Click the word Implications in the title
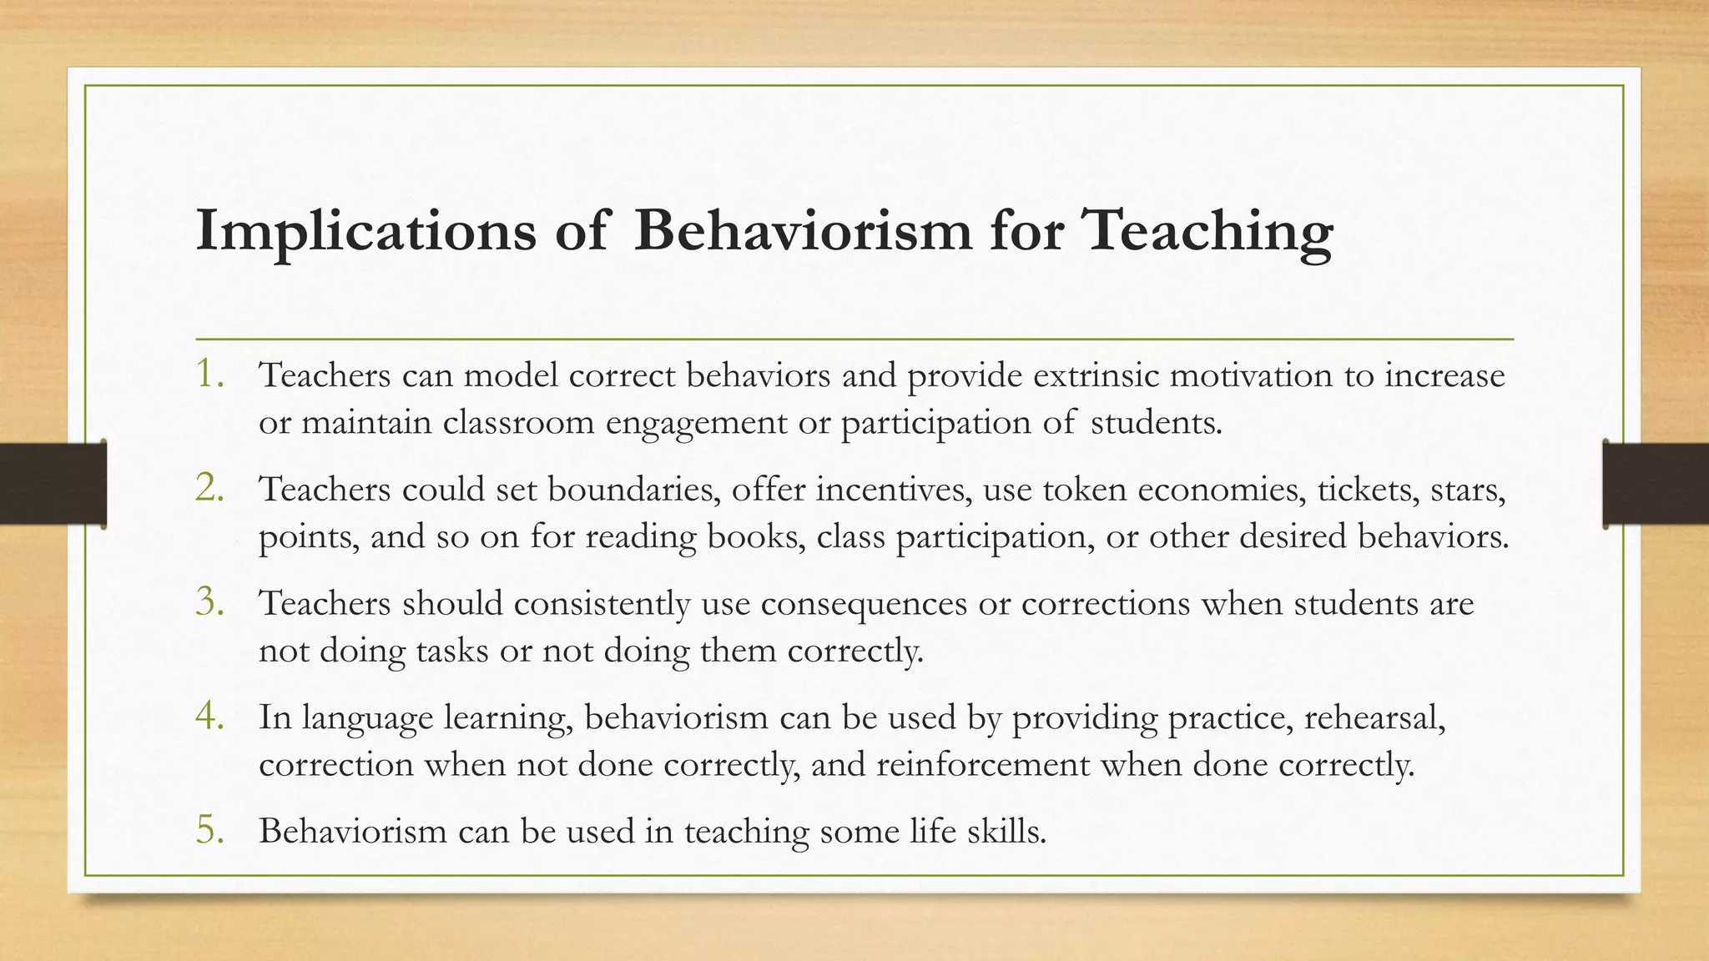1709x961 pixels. pos(365,231)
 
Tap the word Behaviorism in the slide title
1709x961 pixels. pos(803,229)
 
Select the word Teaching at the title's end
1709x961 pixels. pos(1207,231)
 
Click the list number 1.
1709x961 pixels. pos(209,375)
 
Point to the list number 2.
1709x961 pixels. pos(209,488)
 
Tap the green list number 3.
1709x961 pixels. pos(209,602)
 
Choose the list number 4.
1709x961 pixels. pos(209,717)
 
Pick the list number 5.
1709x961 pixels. pos(209,830)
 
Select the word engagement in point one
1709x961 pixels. pos(696,423)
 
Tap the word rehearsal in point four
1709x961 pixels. pos(1374,717)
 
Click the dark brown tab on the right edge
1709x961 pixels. pos(1656,484)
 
